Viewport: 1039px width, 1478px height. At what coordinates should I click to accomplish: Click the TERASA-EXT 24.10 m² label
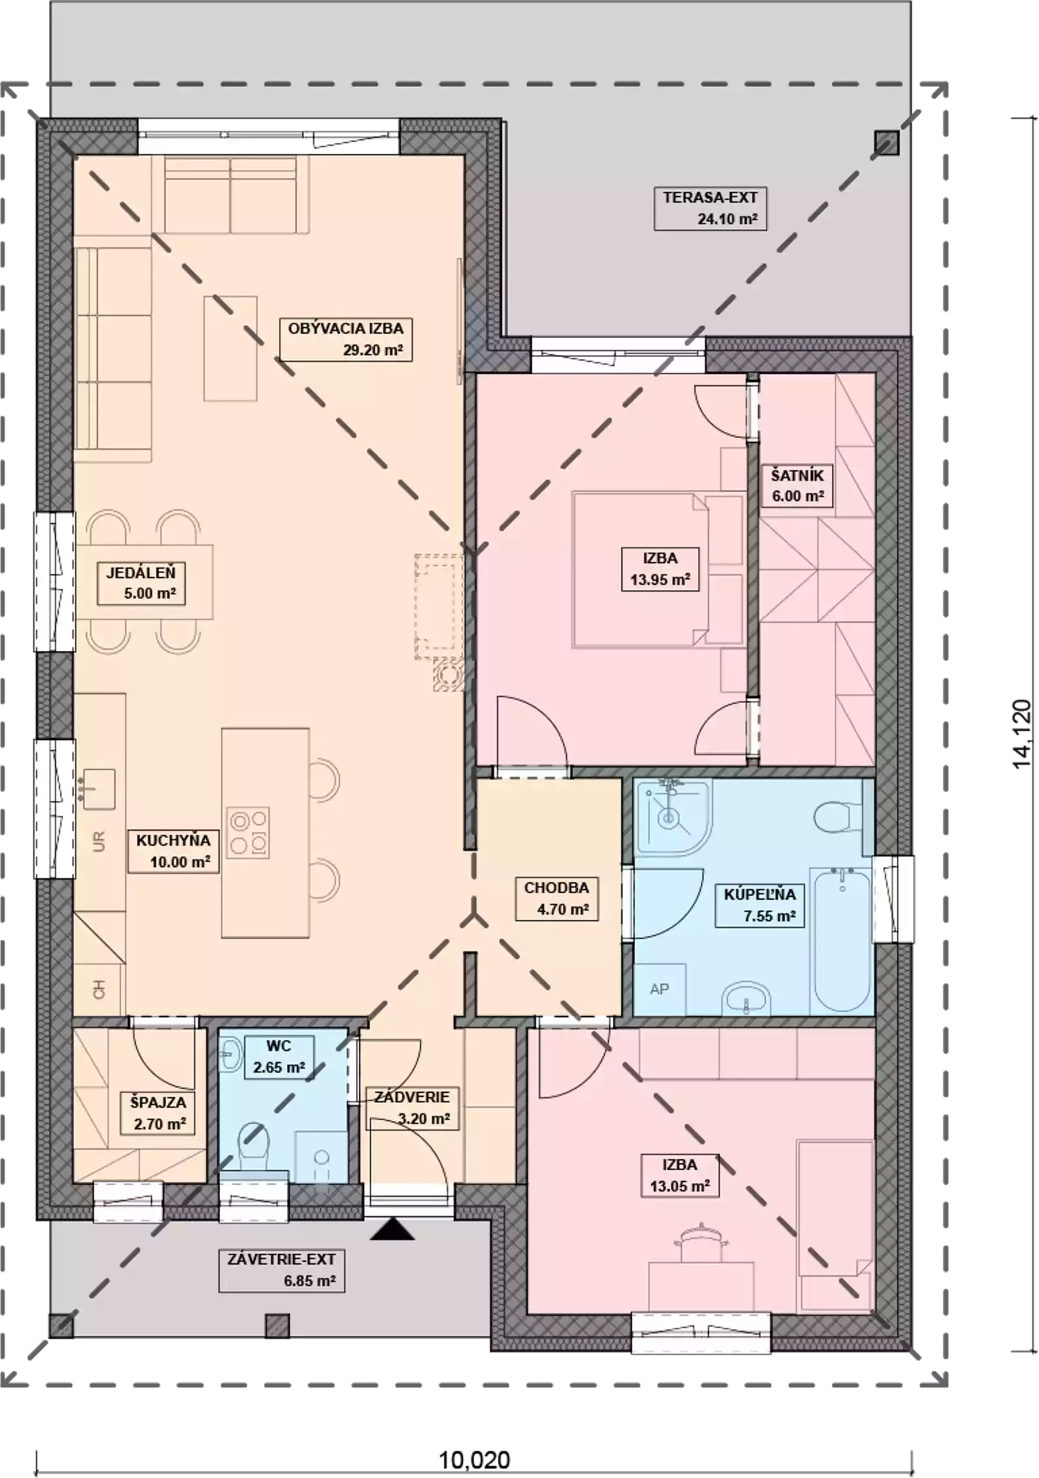[710, 208]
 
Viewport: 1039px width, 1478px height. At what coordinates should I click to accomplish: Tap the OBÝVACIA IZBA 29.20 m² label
[345, 339]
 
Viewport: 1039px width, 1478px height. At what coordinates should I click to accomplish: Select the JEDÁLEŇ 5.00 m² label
[141, 583]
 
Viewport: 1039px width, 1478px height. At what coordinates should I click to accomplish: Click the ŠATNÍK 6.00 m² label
[797, 486]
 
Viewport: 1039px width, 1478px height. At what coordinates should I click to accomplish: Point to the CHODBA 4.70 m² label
[557, 898]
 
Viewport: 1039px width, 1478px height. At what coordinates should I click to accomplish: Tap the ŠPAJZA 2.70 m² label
[158, 1113]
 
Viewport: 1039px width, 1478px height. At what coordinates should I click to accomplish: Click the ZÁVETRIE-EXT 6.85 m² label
[281, 1270]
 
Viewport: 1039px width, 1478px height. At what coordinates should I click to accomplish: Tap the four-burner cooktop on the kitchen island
[247, 833]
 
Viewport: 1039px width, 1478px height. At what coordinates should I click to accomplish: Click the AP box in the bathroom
[660, 989]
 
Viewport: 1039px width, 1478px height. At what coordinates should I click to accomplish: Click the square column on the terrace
[886, 143]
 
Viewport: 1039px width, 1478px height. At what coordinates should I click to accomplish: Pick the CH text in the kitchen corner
[99, 990]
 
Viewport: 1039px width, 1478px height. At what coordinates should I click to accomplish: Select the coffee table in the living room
[230, 349]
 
